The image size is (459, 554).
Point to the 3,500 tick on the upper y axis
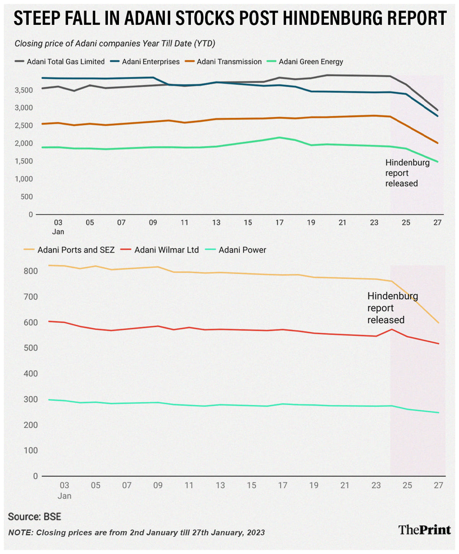tap(24, 90)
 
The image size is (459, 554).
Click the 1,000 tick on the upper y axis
tap(24, 179)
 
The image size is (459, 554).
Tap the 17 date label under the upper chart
tap(280, 222)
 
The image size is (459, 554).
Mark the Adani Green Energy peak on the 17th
tap(280, 138)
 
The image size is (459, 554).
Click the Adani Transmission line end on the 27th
tap(438, 143)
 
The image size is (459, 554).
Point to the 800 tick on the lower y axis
tap(31, 271)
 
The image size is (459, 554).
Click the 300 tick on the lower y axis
tap(31, 399)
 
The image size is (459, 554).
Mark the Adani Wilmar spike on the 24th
tap(392, 329)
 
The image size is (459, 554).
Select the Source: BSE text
tap(34, 517)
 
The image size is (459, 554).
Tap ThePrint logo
tap(425, 530)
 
